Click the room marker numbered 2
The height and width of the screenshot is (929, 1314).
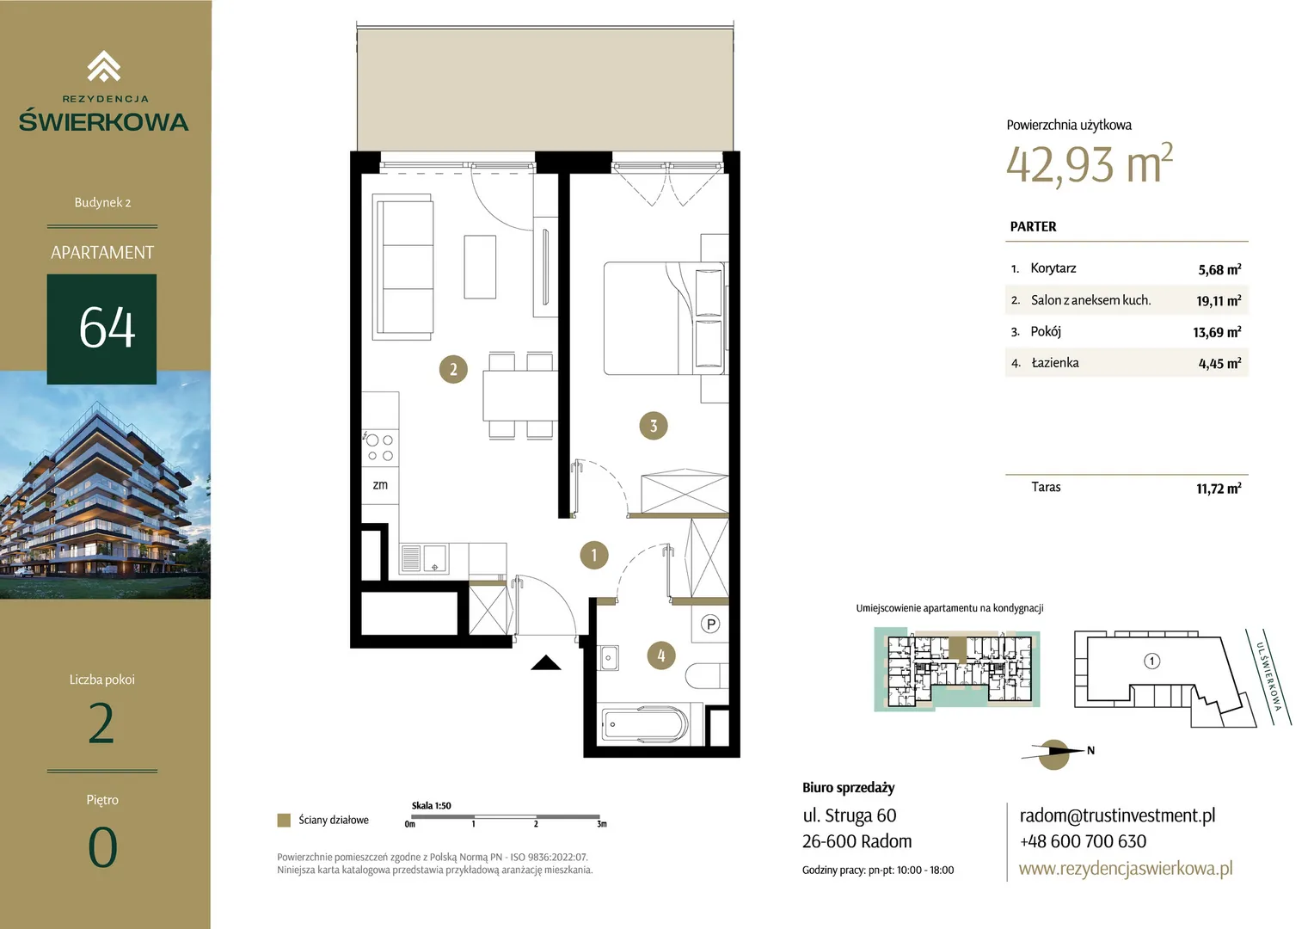(453, 369)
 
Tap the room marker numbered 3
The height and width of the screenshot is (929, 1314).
(653, 426)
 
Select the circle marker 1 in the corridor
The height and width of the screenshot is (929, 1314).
(593, 555)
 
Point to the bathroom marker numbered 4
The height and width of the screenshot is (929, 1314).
(661, 655)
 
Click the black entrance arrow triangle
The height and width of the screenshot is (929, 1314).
(545, 663)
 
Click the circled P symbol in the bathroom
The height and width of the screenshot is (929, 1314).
(710, 624)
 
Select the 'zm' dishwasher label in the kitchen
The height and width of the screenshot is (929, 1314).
(380, 485)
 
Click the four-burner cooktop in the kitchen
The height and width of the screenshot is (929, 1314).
(380, 448)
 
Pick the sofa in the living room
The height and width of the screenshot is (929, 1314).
(403, 267)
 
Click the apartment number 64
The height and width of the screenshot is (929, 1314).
(107, 328)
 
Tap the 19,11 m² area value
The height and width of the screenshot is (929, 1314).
(1219, 300)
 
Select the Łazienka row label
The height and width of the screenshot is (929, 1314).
(1054, 363)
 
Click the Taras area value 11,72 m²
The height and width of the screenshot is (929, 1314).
(1219, 489)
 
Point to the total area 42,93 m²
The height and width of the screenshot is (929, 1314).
(1090, 164)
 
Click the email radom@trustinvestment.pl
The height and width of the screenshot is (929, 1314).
(1117, 815)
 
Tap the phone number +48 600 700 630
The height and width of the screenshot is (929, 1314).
(1083, 841)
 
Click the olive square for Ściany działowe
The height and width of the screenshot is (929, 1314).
(284, 820)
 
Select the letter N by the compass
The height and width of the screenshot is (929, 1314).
(1090, 750)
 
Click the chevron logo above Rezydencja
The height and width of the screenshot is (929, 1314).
(104, 65)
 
